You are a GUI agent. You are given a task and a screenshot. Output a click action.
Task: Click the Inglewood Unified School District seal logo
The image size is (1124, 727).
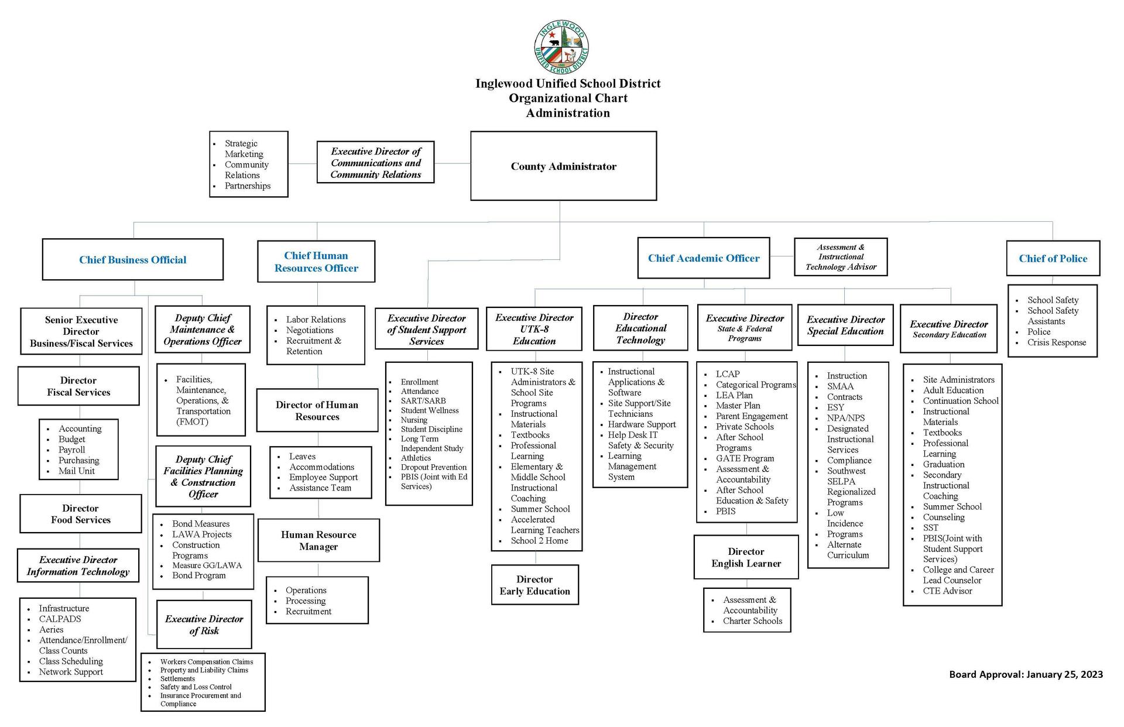[x=561, y=47]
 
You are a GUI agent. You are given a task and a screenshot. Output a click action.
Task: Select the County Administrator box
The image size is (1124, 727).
[x=563, y=166]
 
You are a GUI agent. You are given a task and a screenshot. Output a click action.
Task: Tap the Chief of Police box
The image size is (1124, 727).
[x=1053, y=258]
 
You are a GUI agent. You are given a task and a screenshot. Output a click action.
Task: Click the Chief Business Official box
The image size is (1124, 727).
[x=133, y=260]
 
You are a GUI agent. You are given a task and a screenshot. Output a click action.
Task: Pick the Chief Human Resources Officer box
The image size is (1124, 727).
[x=316, y=262]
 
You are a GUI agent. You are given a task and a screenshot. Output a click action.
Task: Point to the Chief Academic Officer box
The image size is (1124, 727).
[x=703, y=258]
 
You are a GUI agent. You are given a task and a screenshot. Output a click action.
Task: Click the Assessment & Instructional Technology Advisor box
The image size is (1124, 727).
[x=841, y=257]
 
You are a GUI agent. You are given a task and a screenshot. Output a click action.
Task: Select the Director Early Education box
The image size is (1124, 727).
[x=534, y=585]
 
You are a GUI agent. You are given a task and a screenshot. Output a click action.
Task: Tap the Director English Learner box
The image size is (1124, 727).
[x=746, y=557]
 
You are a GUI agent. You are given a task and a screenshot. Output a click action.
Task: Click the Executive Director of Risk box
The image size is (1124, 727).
[x=204, y=625]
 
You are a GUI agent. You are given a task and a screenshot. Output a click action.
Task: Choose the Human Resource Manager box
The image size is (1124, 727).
[x=318, y=540]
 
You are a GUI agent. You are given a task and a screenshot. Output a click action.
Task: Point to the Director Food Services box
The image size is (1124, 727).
[x=81, y=514]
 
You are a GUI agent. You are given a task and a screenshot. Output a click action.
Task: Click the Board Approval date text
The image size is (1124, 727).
[x=1026, y=674]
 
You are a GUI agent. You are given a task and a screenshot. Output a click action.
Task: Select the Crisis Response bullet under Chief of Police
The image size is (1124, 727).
[x=1056, y=342]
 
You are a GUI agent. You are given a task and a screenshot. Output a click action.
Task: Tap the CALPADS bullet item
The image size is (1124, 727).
[x=60, y=619]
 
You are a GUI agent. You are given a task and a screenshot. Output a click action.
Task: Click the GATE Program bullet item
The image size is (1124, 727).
[x=745, y=458]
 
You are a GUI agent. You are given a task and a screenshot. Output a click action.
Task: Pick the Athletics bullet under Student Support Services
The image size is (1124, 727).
[x=416, y=458]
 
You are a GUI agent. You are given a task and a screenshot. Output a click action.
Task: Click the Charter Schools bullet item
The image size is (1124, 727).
[x=752, y=621]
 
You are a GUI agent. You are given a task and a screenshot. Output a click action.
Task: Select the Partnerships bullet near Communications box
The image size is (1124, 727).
[x=248, y=186]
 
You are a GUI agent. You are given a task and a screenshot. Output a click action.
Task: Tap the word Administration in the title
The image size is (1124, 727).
[x=567, y=113]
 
